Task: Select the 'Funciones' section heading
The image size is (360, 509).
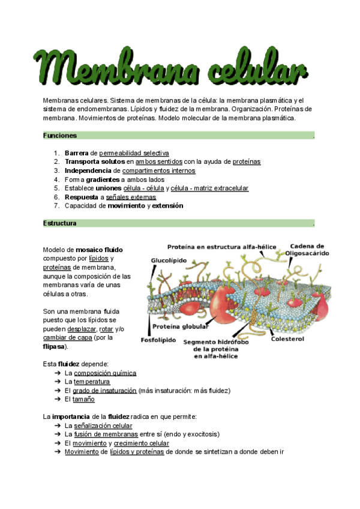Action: [x=60, y=136]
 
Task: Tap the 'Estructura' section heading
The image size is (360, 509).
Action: [x=60, y=223]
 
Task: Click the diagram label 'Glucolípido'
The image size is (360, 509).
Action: [x=169, y=261]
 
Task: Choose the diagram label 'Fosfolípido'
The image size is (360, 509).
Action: [x=159, y=340]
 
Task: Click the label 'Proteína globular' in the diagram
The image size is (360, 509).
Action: [x=181, y=327]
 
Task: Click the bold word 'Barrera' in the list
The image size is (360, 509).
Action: [x=76, y=153]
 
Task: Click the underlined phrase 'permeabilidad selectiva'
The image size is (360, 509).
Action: [x=134, y=153]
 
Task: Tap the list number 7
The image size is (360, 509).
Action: [x=56, y=206]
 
